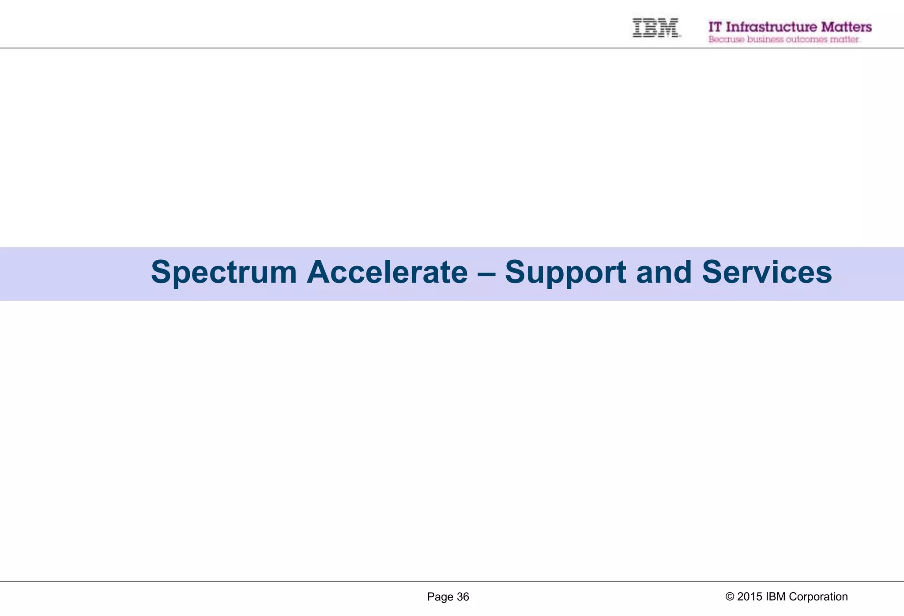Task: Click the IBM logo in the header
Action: pyautogui.click(x=655, y=27)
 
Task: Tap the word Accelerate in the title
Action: pyautogui.click(x=387, y=273)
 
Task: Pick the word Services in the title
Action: pyautogui.click(x=767, y=273)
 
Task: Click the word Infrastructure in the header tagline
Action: pyautogui.click(x=771, y=27)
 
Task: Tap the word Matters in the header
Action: pyautogui.click(x=846, y=27)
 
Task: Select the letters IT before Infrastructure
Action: pyautogui.click(x=715, y=27)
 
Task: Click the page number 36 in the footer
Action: pyautogui.click(x=463, y=597)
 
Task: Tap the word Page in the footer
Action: pyautogui.click(x=440, y=597)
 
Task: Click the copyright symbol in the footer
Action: pyautogui.click(x=730, y=597)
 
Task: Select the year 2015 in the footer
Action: pyautogui.click(x=750, y=597)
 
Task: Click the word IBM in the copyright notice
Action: pyautogui.click(x=776, y=597)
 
